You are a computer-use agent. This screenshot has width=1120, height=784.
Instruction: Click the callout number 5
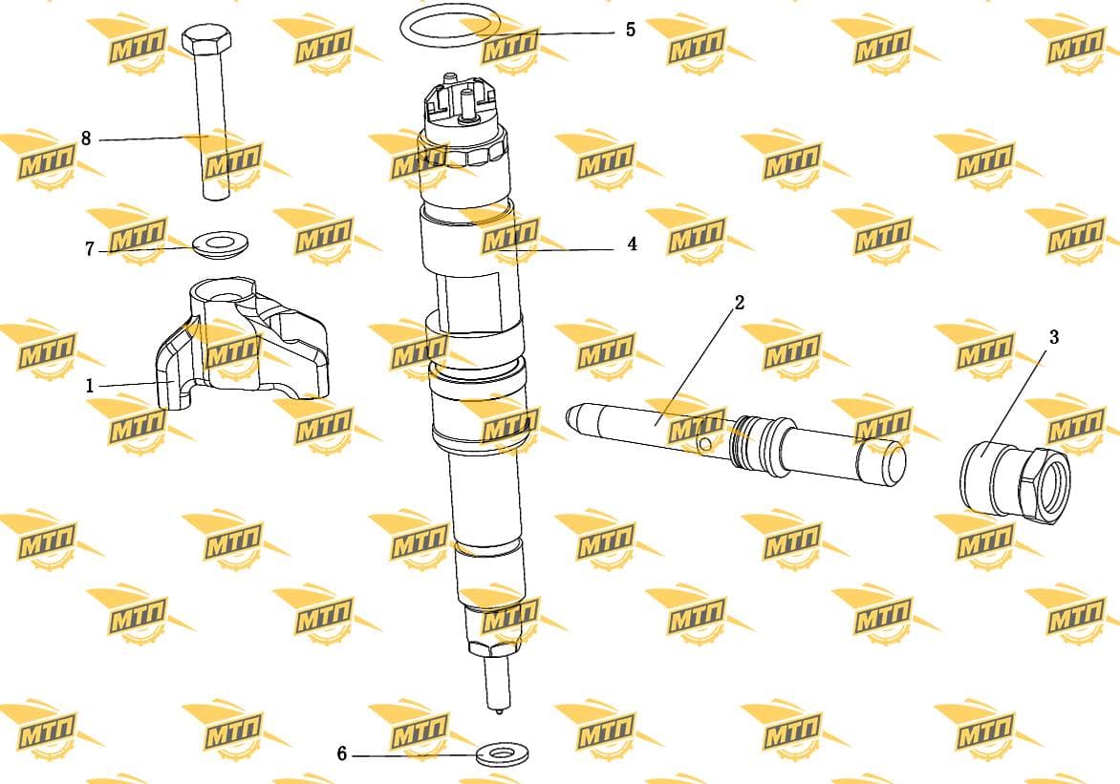[630, 30]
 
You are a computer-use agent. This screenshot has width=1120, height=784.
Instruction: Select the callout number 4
[632, 244]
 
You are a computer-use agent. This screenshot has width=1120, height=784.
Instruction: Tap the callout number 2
[740, 303]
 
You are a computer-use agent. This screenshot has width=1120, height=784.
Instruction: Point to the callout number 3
[1053, 337]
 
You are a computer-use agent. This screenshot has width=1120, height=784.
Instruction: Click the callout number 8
[86, 138]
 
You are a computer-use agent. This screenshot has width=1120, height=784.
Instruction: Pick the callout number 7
[89, 249]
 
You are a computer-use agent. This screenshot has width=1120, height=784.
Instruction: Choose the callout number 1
[89, 387]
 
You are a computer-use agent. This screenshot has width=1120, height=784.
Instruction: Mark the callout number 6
[341, 754]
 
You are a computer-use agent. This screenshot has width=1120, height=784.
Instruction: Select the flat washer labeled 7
[219, 244]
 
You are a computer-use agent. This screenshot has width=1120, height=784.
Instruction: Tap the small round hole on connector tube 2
[705, 444]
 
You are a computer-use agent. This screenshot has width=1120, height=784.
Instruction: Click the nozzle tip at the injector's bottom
[498, 710]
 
